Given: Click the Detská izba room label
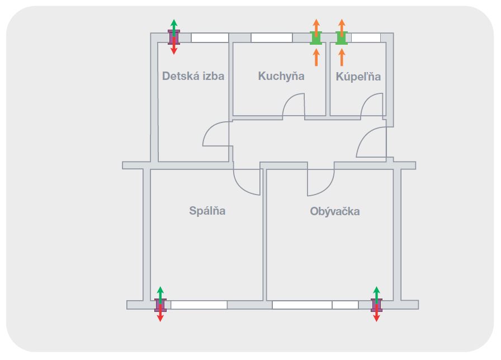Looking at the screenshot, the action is click(193, 76).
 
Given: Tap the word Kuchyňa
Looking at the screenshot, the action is click(281, 76).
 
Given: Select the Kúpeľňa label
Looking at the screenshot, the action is click(358, 77).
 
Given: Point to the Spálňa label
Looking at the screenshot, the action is click(207, 211).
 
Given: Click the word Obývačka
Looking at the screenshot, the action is click(335, 211).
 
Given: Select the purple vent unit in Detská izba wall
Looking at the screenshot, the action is click(174, 37).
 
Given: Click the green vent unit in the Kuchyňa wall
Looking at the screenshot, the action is click(316, 38).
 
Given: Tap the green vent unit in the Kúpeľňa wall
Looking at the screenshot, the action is click(342, 38).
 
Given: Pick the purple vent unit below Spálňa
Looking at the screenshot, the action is click(160, 305).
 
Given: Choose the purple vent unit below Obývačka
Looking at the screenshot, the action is click(376, 305).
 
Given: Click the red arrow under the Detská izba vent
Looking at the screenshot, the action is click(174, 46).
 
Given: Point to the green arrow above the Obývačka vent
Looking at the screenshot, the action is click(377, 295).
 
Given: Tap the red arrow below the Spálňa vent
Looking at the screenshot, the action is click(160, 313).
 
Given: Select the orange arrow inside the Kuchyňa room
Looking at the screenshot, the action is click(316, 58).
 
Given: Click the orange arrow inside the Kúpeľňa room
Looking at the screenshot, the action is click(342, 58).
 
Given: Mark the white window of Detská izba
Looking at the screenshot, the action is click(210, 37).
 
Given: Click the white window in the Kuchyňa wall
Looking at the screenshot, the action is click(272, 37).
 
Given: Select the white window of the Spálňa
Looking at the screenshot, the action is click(199, 305).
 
